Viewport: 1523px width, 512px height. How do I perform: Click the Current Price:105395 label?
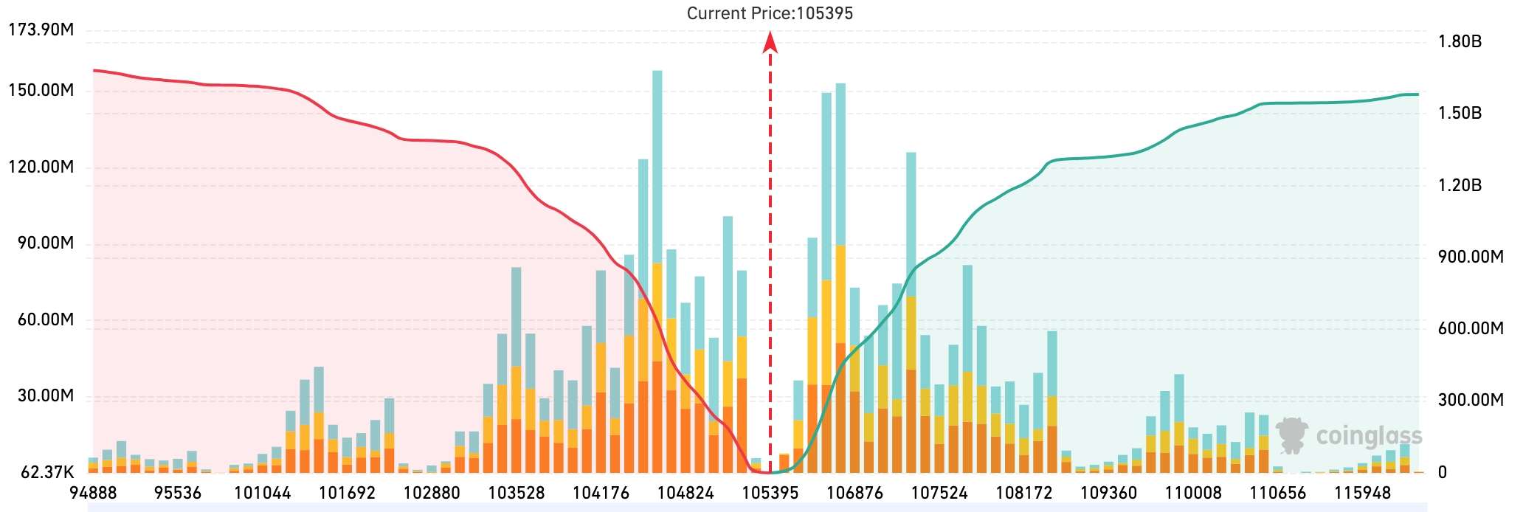[x=770, y=13]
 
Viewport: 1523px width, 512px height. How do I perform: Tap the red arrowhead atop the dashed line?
[x=770, y=44]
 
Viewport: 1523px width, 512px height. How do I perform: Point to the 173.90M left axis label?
[x=41, y=30]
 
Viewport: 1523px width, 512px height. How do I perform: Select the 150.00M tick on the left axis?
[x=41, y=91]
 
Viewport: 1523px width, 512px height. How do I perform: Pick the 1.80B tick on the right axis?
[x=1460, y=41]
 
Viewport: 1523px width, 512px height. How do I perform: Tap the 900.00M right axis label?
[x=1470, y=257]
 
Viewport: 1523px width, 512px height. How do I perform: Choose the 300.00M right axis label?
[x=1470, y=400]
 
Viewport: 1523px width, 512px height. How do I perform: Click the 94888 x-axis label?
[x=93, y=493]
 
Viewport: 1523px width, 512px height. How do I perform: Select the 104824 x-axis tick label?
[x=685, y=493]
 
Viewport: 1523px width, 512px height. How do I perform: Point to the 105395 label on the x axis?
[x=770, y=493]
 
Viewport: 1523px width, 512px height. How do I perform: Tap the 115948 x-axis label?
[x=1363, y=493]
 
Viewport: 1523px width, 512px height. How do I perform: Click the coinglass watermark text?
[x=1369, y=436]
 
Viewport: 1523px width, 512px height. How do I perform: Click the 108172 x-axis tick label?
[x=1024, y=493]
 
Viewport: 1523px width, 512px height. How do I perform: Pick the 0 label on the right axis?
[x=1443, y=472]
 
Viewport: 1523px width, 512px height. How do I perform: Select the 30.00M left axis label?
[x=46, y=396]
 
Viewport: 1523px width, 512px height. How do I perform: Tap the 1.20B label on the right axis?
[x=1460, y=185]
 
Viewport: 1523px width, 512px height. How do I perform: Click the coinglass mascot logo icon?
[x=1292, y=435]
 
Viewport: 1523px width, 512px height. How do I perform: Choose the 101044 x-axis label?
[x=262, y=493]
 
